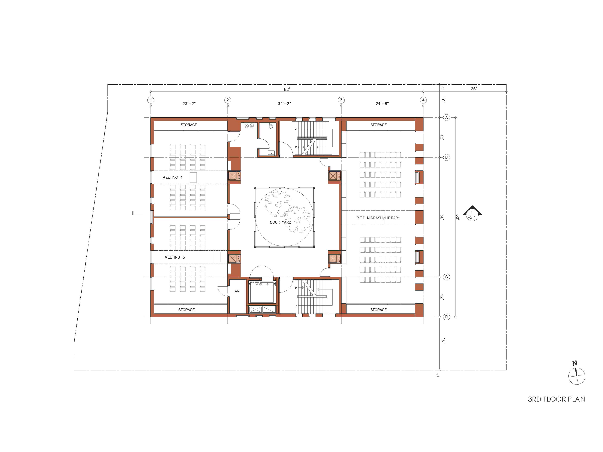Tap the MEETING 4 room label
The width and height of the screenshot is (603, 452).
coord(172,177)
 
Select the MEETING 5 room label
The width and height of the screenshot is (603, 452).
coord(174,257)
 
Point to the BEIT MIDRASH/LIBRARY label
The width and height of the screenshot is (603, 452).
coord(378,218)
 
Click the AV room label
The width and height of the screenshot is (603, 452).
coord(237,291)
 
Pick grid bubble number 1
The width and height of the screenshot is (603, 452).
coord(151,100)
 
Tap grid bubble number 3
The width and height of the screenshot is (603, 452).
coord(341,100)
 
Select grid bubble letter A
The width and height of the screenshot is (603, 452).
coord(446,118)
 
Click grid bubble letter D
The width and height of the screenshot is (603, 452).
coord(446,317)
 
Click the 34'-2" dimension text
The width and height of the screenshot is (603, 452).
coord(284,103)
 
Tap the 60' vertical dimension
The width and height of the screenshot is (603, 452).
coord(458,217)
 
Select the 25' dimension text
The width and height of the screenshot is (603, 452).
coord(474,89)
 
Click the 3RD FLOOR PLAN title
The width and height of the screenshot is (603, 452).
coord(556,399)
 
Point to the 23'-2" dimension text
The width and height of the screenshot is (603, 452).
coord(189,103)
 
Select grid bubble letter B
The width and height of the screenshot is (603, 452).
coord(446,157)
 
